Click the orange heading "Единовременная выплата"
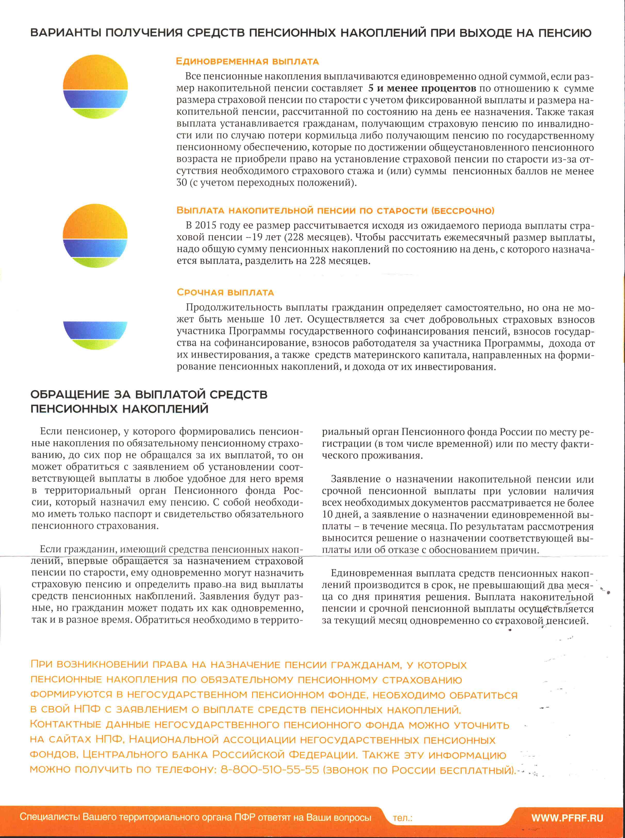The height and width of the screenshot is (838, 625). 247,61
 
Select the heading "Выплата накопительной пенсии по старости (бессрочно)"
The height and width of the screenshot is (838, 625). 335,211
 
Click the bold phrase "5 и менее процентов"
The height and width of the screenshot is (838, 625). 422,88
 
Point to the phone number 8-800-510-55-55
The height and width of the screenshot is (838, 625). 270,770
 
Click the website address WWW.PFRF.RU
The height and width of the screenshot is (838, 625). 567,818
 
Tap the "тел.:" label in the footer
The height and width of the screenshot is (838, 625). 403,818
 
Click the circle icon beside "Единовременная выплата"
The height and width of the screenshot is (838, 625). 95,87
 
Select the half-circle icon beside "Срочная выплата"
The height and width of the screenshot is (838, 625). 95,335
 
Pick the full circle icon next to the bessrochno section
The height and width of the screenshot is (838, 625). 95,236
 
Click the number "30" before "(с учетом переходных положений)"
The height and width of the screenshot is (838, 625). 182,183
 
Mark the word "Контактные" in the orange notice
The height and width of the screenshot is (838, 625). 65,725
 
